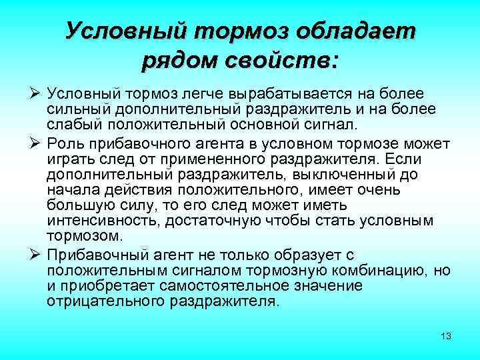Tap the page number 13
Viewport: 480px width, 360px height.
coord(446,336)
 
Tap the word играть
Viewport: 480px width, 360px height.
coord(68,159)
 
